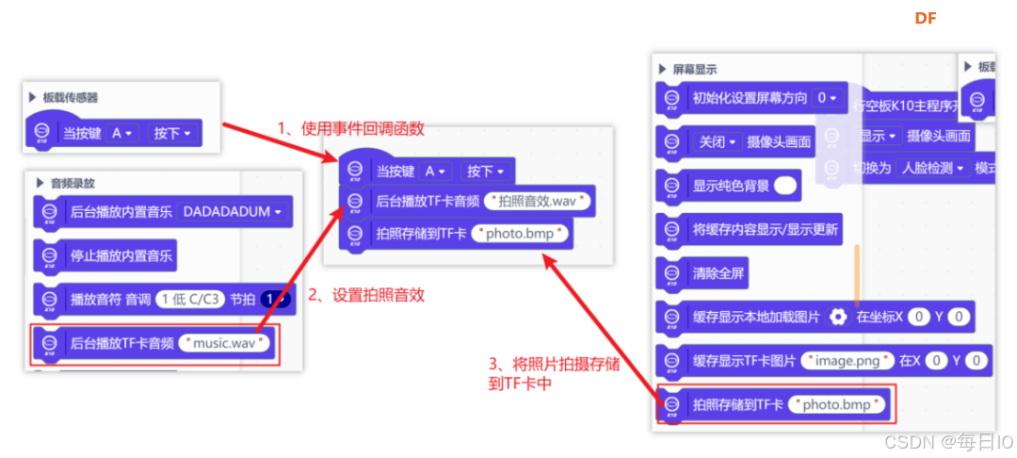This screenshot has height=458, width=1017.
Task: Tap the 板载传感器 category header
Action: (70, 97)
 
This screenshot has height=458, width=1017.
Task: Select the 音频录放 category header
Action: (73, 183)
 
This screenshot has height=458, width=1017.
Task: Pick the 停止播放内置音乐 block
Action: (121, 255)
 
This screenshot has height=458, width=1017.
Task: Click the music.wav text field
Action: (226, 344)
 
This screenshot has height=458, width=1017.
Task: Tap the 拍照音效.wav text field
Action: (538, 201)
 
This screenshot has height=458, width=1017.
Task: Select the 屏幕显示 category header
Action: (694, 70)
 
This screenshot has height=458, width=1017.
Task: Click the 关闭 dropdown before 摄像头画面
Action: (716, 141)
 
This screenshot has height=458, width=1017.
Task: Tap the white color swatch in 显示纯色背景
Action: (784, 186)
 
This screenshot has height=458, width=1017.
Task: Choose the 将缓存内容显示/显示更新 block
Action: (766, 229)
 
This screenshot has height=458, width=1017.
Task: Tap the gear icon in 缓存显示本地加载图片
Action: (839, 317)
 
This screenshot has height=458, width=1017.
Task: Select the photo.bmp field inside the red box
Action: (838, 404)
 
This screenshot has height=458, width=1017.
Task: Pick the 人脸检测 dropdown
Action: (932, 168)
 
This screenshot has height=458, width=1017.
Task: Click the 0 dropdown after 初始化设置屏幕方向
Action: (827, 98)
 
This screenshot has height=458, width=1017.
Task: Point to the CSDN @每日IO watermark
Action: (945, 442)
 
